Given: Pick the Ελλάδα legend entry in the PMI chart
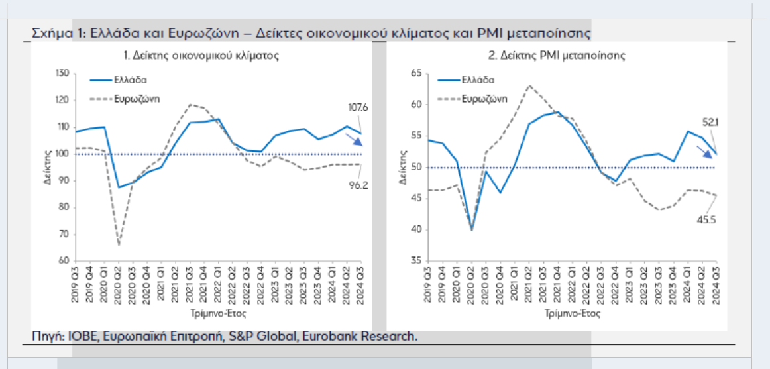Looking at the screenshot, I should click(474, 79).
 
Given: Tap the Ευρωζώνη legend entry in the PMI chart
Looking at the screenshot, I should click(482, 99).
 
